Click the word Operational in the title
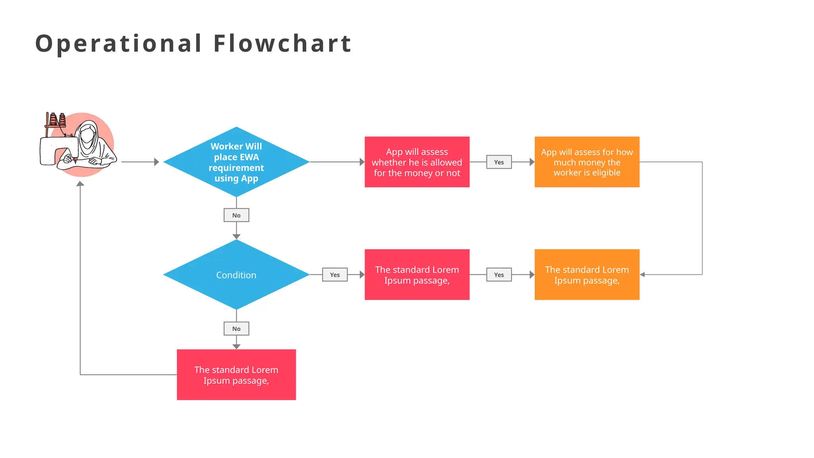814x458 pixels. tap(118, 43)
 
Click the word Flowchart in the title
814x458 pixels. tap(282, 43)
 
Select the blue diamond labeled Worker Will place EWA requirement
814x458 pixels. tap(236, 162)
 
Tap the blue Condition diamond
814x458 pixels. tap(236, 275)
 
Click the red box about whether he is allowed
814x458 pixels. tap(417, 162)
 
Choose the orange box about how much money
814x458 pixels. tap(587, 162)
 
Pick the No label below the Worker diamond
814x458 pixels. tap(236, 215)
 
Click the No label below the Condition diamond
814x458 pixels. tap(236, 329)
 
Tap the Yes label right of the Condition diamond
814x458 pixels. tap(335, 275)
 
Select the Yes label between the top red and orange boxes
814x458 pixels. tap(499, 162)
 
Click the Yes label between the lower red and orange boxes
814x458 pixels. tap(499, 275)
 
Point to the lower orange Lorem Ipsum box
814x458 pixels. tap(587, 275)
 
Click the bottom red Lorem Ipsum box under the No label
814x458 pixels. tap(236, 375)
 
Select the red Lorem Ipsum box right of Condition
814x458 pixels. tap(417, 275)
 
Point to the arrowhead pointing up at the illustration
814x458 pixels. tap(80, 184)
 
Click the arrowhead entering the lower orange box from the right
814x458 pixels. tap(642, 275)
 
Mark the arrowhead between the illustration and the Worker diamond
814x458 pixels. tap(157, 162)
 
